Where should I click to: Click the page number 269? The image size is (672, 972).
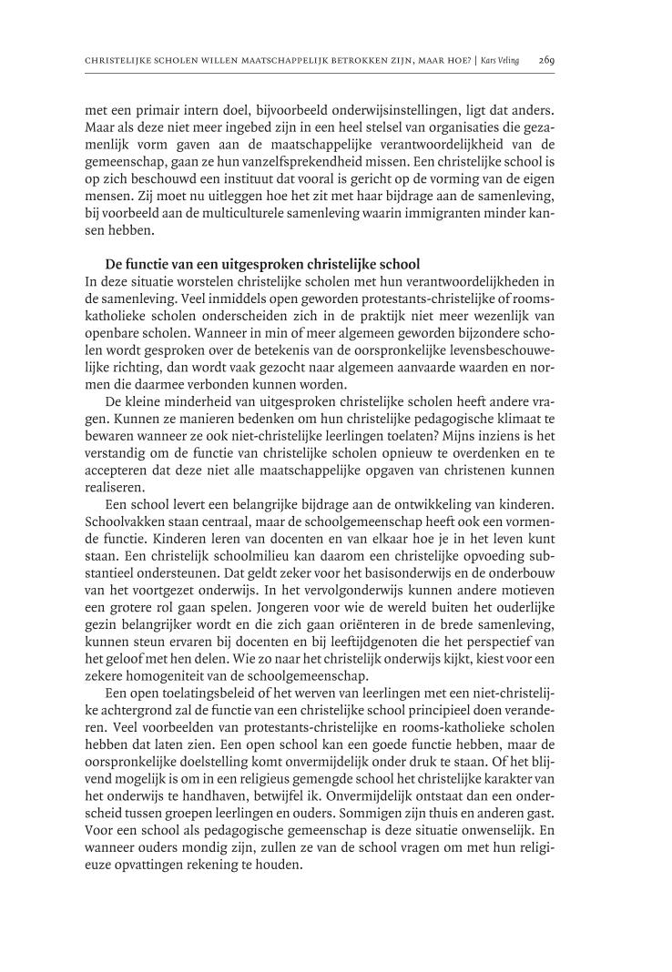tap(546, 61)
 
